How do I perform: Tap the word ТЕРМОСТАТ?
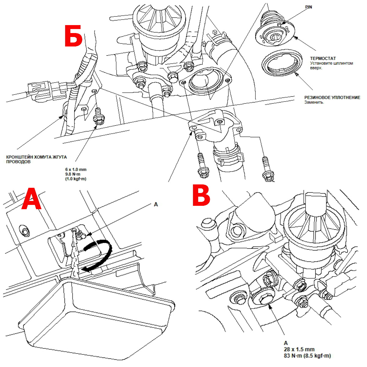click(323, 58)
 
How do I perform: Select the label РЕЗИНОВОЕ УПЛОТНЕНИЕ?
click(332, 98)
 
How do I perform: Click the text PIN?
click(309, 7)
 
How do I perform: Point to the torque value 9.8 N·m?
click(72, 174)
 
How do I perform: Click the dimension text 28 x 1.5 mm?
click(299, 349)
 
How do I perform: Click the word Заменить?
click(314, 102)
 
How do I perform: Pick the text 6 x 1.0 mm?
click(76, 169)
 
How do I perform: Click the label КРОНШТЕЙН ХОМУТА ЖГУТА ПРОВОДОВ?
click(36, 159)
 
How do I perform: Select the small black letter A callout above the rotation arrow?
click(156, 204)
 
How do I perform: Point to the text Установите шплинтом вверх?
click(331, 65)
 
